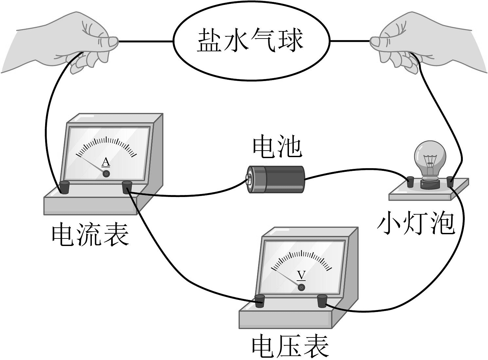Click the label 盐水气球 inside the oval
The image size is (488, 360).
pos(250,41)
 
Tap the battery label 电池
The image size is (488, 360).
pos(277,147)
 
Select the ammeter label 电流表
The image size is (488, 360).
pos(91,234)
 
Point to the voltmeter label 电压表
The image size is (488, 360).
pos(290,346)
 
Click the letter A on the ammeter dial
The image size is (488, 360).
pos(106,162)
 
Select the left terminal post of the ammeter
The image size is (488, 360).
pos(64,187)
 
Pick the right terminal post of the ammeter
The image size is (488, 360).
pos(127,187)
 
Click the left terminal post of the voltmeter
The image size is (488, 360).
pos(260,300)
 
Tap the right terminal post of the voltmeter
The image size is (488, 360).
pos(322,300)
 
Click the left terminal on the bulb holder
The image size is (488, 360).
pos(410,182)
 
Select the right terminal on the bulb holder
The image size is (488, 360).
pos(450,181)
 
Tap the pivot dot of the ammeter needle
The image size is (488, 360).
pos(106,174)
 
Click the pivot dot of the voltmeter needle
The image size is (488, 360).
pos(301,287)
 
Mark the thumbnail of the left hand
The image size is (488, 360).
pos(113,41)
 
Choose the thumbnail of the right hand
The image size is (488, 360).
pos(375,41)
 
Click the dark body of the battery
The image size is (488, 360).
pos(285,179)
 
